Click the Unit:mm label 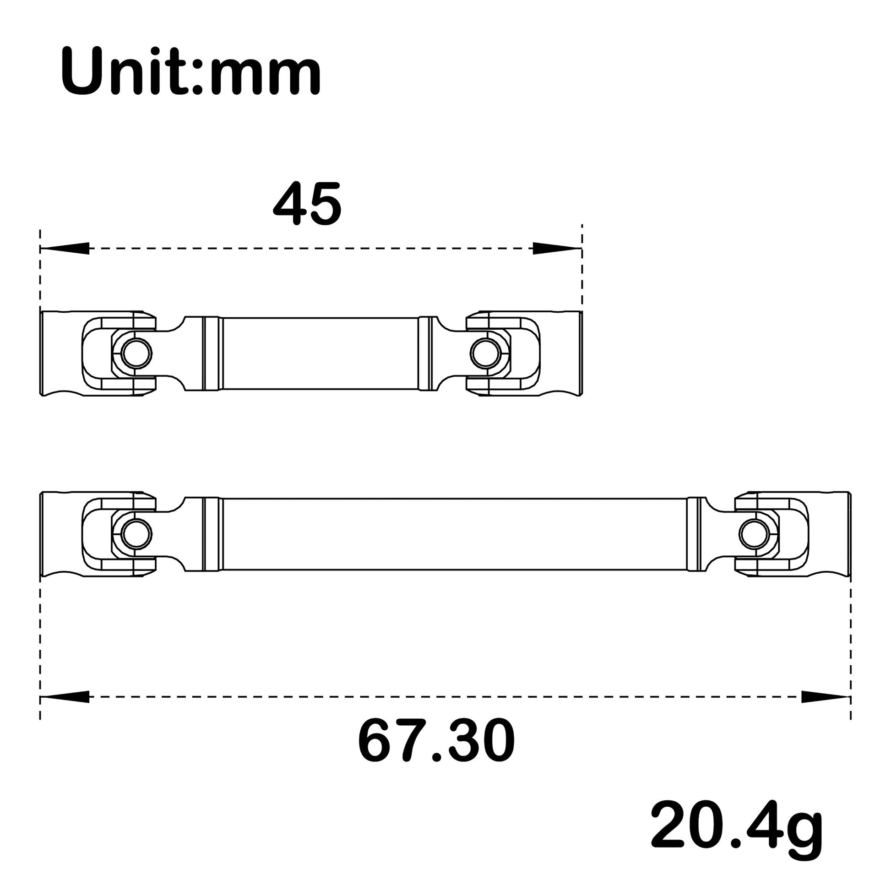(190, 72)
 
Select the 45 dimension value (307, 204)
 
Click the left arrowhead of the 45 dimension (65, 249)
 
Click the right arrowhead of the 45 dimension (557, 249)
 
